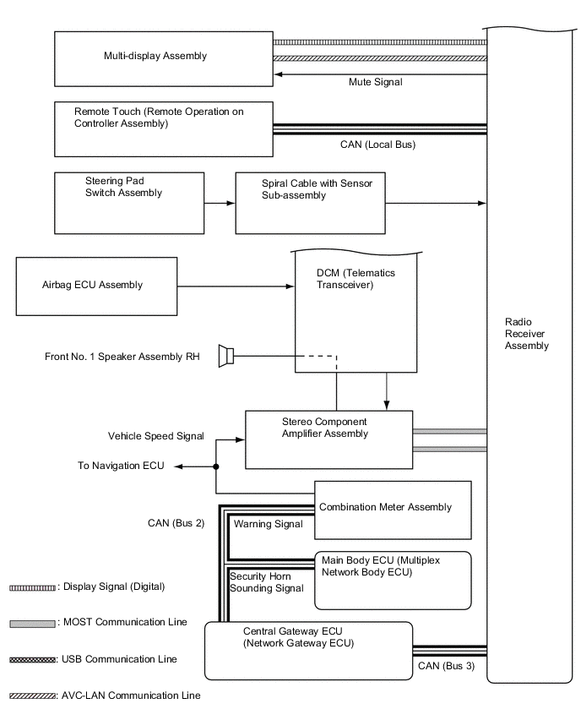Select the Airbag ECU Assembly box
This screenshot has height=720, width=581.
(x=96, y=286)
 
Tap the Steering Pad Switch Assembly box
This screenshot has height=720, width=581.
(x=129, y=203)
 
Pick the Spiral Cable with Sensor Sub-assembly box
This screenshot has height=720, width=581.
(x=309, y=203)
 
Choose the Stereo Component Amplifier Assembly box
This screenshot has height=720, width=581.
(x=329, y=439)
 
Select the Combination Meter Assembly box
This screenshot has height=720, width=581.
(x=392, y=510)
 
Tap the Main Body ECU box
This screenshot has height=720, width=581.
(x=392, y=580)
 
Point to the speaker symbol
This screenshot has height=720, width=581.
(x=225, y=357)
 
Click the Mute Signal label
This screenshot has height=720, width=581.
(x=375, y=83)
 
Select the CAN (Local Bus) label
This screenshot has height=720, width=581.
(x=377, y=145)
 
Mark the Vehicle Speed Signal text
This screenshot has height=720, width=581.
(x=155, y=436)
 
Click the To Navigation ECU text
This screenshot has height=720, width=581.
(x=121, y=466)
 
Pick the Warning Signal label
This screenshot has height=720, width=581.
(x=268, y=524)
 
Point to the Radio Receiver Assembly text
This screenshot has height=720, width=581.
(x=526, y=334)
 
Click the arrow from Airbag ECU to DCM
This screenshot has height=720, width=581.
(x=236, y=286)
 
